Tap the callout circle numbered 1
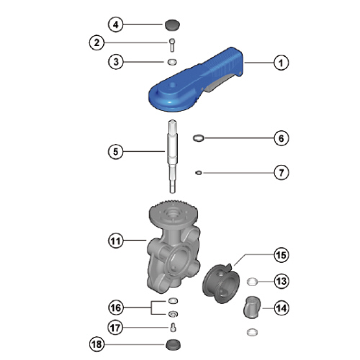pyautogui.click(x=281, y=63)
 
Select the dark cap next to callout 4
pyautogui.click(x=173, y=25)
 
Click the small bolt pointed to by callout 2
pyautogui.click(x=172, y=45)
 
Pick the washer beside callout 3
pyautogui.click(x=172, y=62)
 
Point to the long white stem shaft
pyautogui.click(x=173, y=156)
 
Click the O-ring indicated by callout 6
pyautogui.click(x=199, y=138)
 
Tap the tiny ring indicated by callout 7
pyautogui.click(x=199, y=173)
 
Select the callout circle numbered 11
pyautogui.click(x=116, y=240)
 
